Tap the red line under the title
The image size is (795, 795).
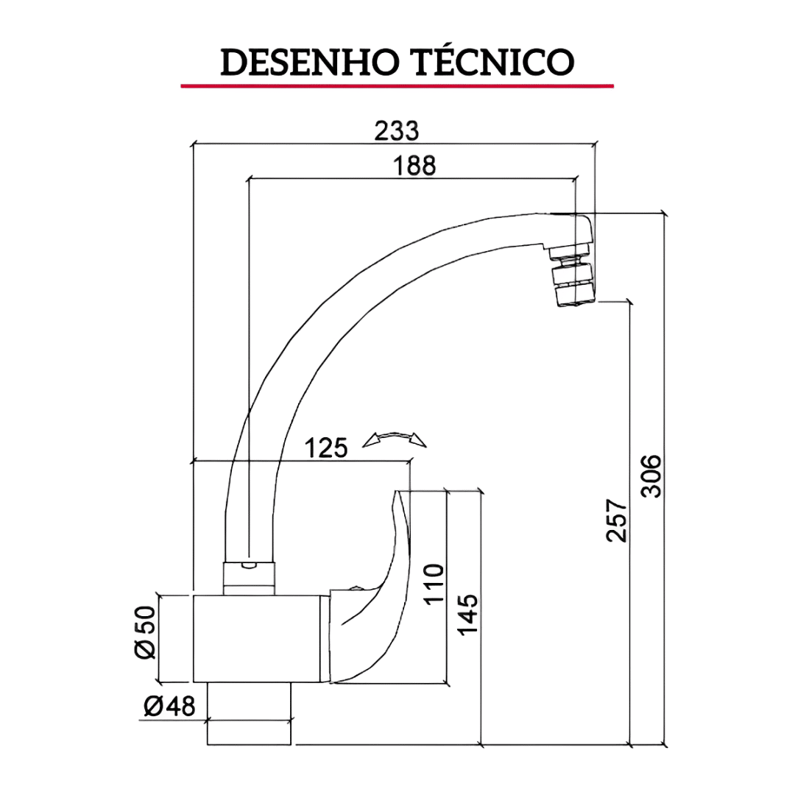click(397, 86)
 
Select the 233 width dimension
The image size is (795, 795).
click(397, 130)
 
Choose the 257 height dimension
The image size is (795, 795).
click(617, 520)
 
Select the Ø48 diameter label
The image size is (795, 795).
click(170, 707)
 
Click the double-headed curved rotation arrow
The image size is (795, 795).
click(395, 439)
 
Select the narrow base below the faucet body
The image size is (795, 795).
click(250, 714)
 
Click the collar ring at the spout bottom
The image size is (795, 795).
click(250, 578)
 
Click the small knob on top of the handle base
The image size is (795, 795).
click(357, 587)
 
